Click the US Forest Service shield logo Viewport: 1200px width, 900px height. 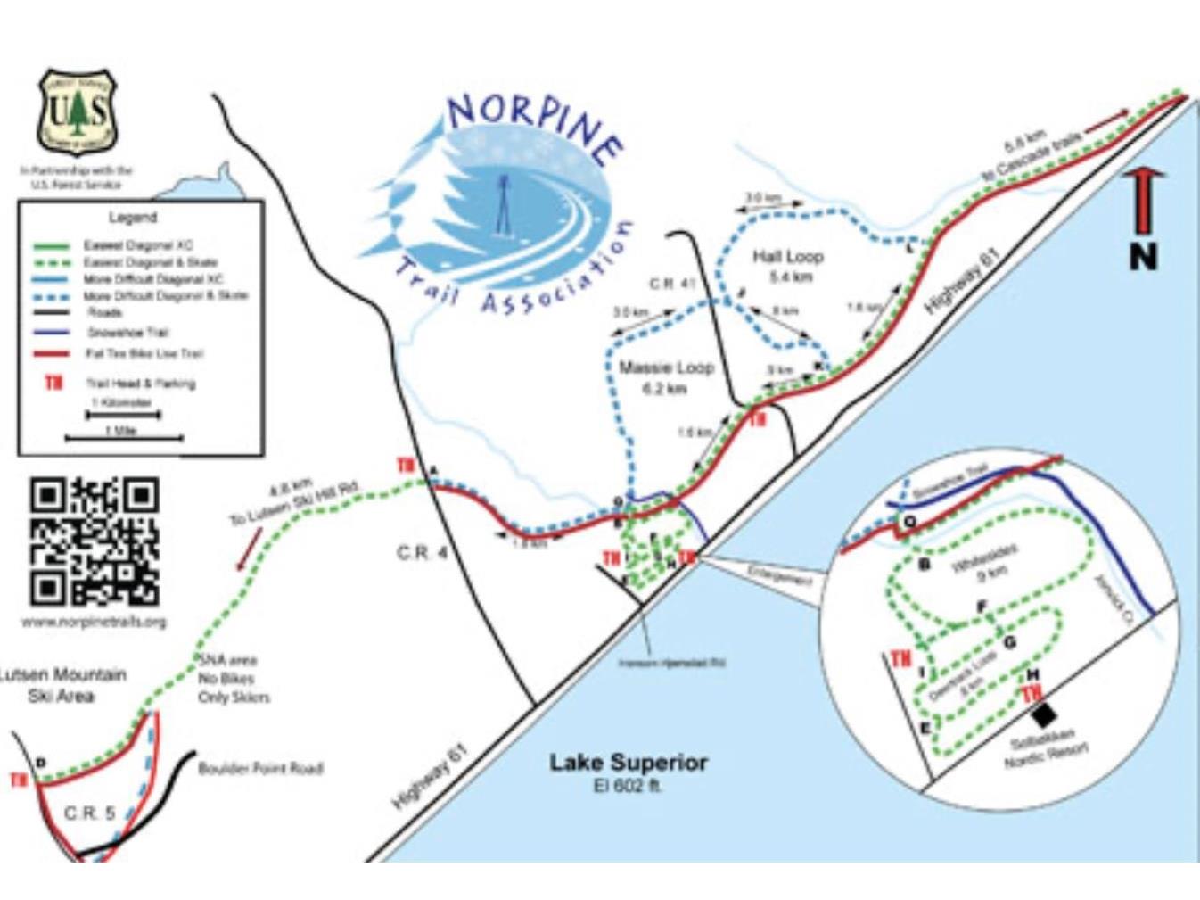(x=77, y=111)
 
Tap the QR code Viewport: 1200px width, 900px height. (x=95, y=541)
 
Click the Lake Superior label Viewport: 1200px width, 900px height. (x=628, y=763)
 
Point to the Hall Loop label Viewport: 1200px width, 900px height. (x=787, y=257)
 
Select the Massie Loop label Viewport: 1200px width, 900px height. (x=666, y=367)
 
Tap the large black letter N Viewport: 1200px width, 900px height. (x=1143, y=257)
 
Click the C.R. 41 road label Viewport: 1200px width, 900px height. (x=672, y=284)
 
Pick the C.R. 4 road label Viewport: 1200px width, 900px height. (x=422, y=554)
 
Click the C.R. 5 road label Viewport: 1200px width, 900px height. (x=89, y=813)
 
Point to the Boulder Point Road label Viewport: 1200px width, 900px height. (x=259, y=768)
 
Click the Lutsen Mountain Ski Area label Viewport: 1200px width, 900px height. (x=62, y=685)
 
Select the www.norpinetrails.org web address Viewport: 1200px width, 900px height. (x=94, y=622)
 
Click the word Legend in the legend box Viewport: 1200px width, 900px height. (x=132, y=218)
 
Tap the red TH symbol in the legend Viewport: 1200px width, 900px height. (x=54, y=384)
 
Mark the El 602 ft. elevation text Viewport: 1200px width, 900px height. (x=628, y=786)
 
